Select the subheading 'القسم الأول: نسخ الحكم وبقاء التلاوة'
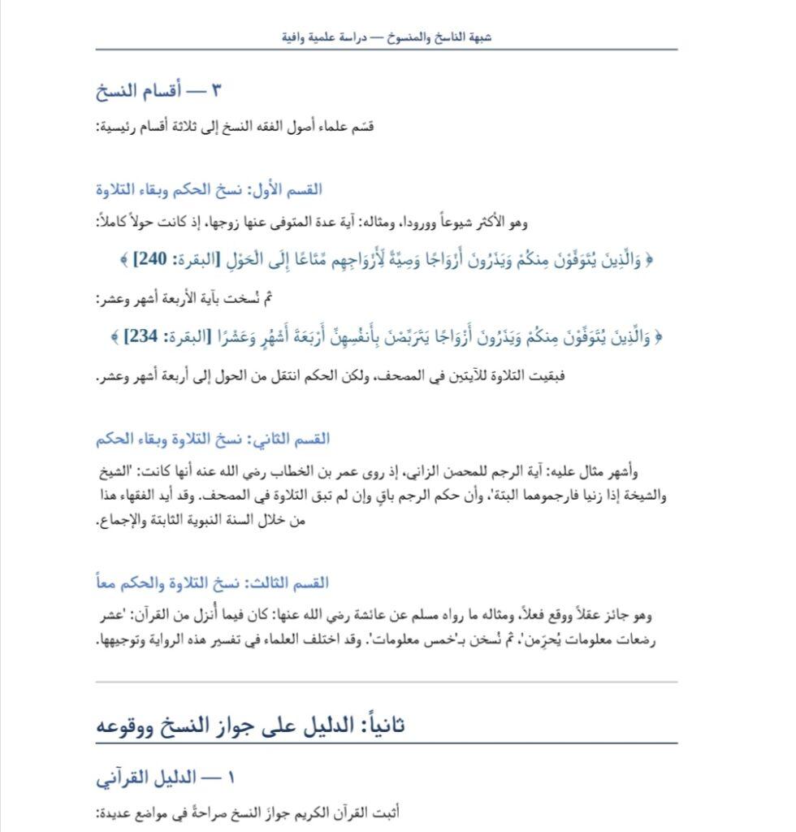tap(209, 189)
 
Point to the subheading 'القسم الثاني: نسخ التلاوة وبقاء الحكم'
tap(213, 439)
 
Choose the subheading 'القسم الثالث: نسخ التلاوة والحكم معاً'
tap(212, 583)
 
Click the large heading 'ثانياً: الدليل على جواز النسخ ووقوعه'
tap(250, 725)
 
